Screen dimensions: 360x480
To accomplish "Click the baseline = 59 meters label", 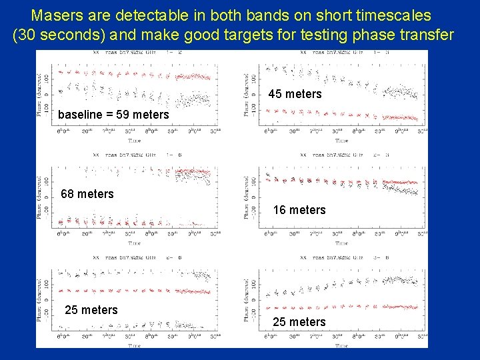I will pyautogui.click(x=113, y=115).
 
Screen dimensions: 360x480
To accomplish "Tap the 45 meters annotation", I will pyautogui.click(x=295, y=94).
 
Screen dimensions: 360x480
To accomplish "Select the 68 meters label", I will pyautogui.click(x=87, y=194).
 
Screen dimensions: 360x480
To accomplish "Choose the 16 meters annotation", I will pyautogui.click(x=299, y=210).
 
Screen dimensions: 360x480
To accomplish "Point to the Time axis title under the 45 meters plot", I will pyautogui.click(x=341, y=141).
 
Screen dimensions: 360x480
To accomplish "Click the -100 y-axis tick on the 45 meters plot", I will pyautogui.click(x=255, y=111).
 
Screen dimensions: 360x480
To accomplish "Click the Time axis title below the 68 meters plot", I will pyautogui.click(x=135, y=243).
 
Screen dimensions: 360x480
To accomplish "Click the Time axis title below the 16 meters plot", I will pyautogui.click(x=341, y=243).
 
